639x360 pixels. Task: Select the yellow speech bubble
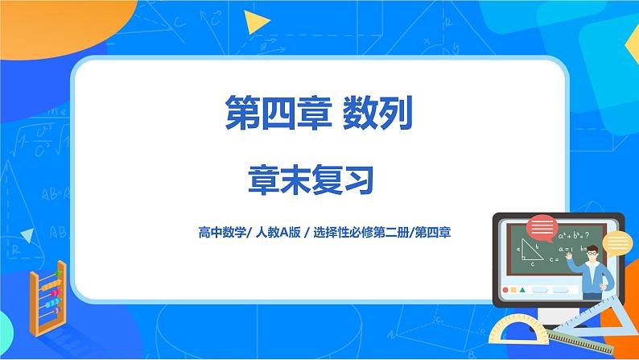618,242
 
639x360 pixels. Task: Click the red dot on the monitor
505,290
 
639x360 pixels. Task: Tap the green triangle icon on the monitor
523,290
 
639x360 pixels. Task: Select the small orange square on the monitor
514,290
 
